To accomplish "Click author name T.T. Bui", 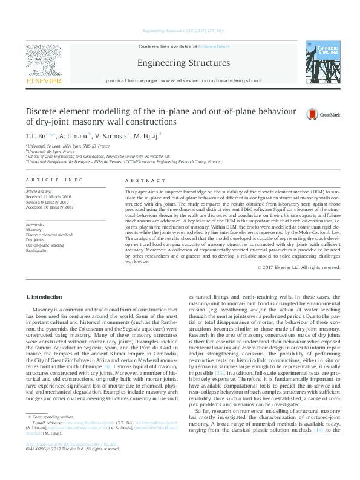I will point(37,136).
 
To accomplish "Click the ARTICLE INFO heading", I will point(54,181).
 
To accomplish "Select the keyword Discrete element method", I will point(49,235).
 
